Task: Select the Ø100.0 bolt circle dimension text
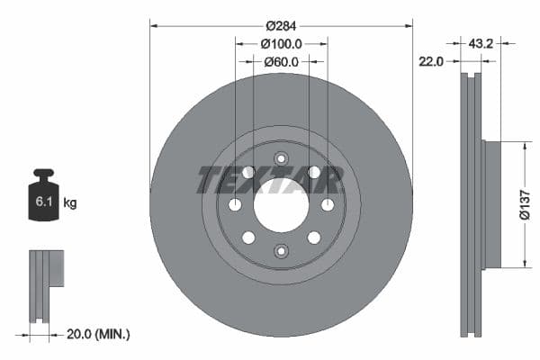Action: click(x=281, y=42)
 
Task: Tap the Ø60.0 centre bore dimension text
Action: click(x=281, y=61)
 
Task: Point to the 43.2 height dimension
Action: click(x=481, y=42)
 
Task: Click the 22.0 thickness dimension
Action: click(x=432, y=61)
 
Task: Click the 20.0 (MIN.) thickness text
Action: click(x=99, y=334)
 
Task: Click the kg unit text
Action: click(x=70, y=203)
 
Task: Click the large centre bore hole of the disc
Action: click(x=281, y=204)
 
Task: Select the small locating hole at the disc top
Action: click(x=281, y=159)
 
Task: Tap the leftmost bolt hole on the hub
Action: click(x=235, y=204)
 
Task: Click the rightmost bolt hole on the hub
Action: click(x=327, y=204)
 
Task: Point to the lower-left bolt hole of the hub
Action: click(x=248, y=238)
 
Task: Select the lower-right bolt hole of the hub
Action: click(x=314, y=238)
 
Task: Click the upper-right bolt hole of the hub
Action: click(x=314, y=172)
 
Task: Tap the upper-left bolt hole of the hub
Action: click(x=248, y=172)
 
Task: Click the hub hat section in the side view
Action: click(x=490, y=204)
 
